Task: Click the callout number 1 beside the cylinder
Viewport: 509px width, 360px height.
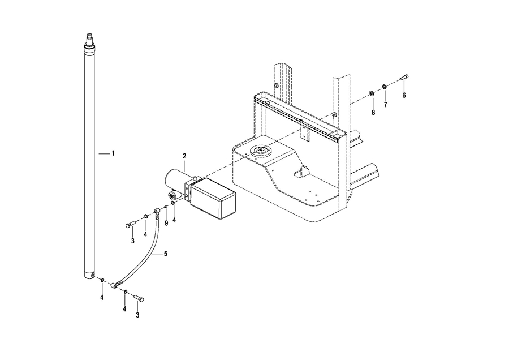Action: click(113, 153)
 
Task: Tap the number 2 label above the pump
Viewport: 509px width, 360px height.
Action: click(184, 156)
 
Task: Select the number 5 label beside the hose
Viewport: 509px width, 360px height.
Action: click(166, 254)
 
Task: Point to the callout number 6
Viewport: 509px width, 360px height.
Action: click(404, 95)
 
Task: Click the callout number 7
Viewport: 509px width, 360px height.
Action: click(385, 105)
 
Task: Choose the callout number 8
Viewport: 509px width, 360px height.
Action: click(373, 113)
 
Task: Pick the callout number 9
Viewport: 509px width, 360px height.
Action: click(166, 223)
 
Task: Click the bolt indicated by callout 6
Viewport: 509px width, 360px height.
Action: click(404, 78)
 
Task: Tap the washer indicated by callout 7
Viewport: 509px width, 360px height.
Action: click(384, 87)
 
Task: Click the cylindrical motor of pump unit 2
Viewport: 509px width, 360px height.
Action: click(175, 181)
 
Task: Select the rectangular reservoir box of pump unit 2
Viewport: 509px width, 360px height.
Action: click(213, 198)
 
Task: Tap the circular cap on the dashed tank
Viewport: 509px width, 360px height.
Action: click(260, 151)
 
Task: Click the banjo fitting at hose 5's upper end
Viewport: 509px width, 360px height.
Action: click(157, 212)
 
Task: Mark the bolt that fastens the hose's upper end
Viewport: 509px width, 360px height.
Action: click(130, 225)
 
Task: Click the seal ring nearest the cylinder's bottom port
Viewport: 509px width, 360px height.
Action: click(102, 280)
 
